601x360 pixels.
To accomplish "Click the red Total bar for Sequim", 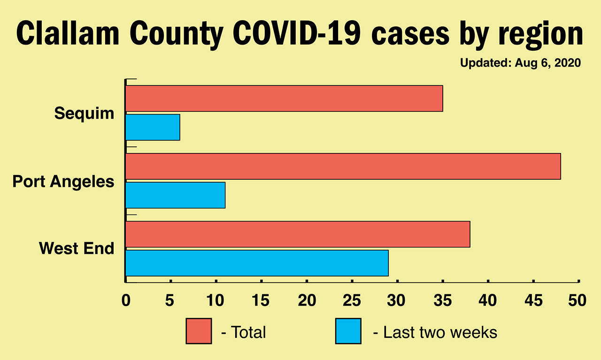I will point(284,99).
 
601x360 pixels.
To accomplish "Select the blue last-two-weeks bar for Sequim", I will point(153,127).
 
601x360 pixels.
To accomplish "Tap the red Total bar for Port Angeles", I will point(343,166).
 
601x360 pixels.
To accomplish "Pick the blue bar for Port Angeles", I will point(175,195).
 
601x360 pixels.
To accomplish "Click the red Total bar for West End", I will point(298,234).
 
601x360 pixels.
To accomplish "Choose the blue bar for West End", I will point(257,263).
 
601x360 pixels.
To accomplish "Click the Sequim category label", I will point(84,113).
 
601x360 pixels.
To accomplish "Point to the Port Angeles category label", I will point(63,181).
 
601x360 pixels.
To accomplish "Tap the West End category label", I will point(77,248).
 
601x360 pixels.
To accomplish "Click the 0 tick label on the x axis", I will point(126,300).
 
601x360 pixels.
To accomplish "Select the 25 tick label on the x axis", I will point(352,300).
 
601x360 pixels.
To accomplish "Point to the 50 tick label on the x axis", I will point(578,300).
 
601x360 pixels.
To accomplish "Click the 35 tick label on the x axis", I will point(443,300).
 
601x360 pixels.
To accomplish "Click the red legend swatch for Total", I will point(199,331).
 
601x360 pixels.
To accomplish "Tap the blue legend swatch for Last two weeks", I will point(348,331).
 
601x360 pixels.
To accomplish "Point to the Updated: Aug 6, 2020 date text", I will point(520,63).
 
